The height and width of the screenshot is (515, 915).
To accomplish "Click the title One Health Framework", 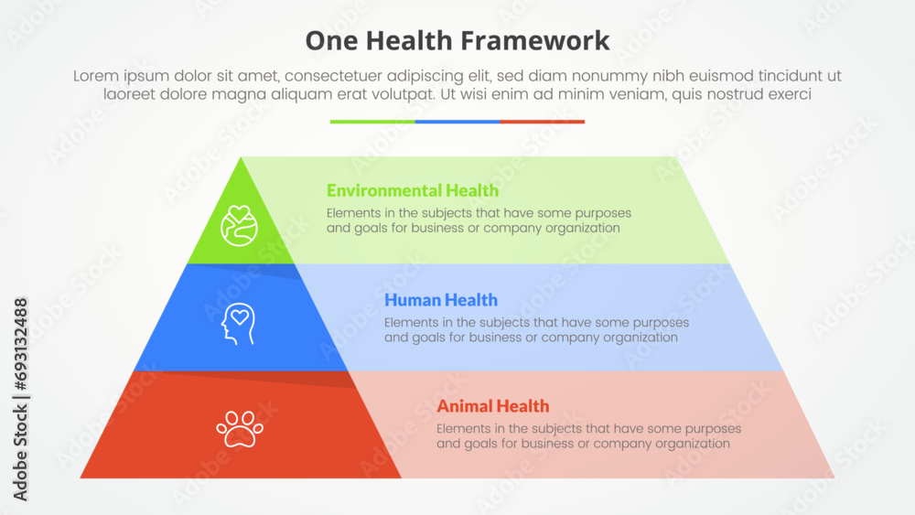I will click(x=457, y=40).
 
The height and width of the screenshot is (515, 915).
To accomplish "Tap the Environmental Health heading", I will click(x=412, y=190).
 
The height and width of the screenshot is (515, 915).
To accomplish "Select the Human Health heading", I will click(x=441, y=299).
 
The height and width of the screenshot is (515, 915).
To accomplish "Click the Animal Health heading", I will click(x=493, y=406).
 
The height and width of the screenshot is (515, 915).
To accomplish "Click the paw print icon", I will click(x=240, y=427).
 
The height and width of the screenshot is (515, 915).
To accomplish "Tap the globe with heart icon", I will click(x=239, y=225).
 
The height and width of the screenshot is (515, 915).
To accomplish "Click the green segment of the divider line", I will click(x=372, y=121).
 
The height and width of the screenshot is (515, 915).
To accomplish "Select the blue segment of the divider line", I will click(x=457, y=121).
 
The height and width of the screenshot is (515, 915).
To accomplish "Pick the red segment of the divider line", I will click(x=543, y=121).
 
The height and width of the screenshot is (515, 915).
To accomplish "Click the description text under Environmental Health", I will click(x=479, y=220).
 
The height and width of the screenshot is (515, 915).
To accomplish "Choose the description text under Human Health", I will click(x=536, y=329).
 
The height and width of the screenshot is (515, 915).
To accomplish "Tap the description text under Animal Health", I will click(x=588, y=436).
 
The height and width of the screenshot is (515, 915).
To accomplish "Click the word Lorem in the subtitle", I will click(x=94, y=77).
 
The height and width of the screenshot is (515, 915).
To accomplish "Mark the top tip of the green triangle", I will click(x=242, y=159).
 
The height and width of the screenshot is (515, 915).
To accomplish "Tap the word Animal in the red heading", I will click(x=464, y=406).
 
